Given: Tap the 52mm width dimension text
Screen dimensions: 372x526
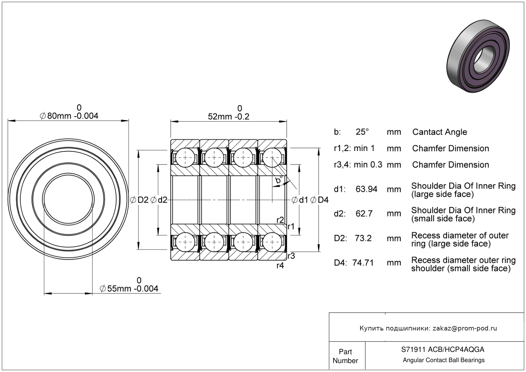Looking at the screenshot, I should (x=228, y=117).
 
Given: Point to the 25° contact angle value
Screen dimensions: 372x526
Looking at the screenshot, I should (x=362, y=132).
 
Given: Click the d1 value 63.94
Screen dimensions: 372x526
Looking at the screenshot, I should (x=366, y=189).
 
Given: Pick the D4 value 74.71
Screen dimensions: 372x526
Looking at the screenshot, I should (x=363, y=262).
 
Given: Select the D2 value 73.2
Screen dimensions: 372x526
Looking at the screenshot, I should (x=363, y=238).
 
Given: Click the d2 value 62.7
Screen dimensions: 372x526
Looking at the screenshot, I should (x=364, y=213).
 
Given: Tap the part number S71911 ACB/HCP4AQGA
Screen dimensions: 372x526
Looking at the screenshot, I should (x=443, y=350).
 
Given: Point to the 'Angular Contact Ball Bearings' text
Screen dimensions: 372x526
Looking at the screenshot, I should (x=444, y=360).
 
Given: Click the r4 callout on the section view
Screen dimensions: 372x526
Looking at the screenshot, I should (x=280, y=266).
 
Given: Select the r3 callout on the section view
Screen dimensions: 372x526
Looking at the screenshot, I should (x=291, y=256).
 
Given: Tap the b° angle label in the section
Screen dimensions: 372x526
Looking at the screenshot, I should (x=279, y=181).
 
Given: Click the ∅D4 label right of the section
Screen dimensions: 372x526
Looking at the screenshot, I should (x=319, y=200).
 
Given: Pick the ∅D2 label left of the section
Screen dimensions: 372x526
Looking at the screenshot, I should (x=139, y=200).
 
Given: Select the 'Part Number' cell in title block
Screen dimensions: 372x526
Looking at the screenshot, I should (x=345, y=356).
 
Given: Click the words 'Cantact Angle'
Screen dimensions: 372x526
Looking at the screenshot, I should (x=439, y=132).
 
